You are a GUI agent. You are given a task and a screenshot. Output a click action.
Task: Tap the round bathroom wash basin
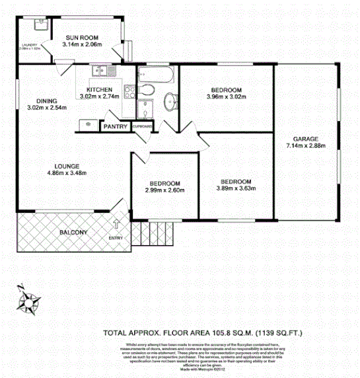[x=170, y=101]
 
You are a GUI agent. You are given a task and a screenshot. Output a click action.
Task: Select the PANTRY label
[x=116, y=126]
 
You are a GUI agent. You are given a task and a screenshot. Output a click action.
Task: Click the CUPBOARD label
[x=143, y=126]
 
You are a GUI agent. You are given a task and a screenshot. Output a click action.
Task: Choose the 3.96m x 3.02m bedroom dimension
[x=227, y=98]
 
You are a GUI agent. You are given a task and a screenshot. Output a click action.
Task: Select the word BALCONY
[x=73, y=232]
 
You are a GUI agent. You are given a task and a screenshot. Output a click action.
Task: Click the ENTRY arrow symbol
[x=118, y=225]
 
